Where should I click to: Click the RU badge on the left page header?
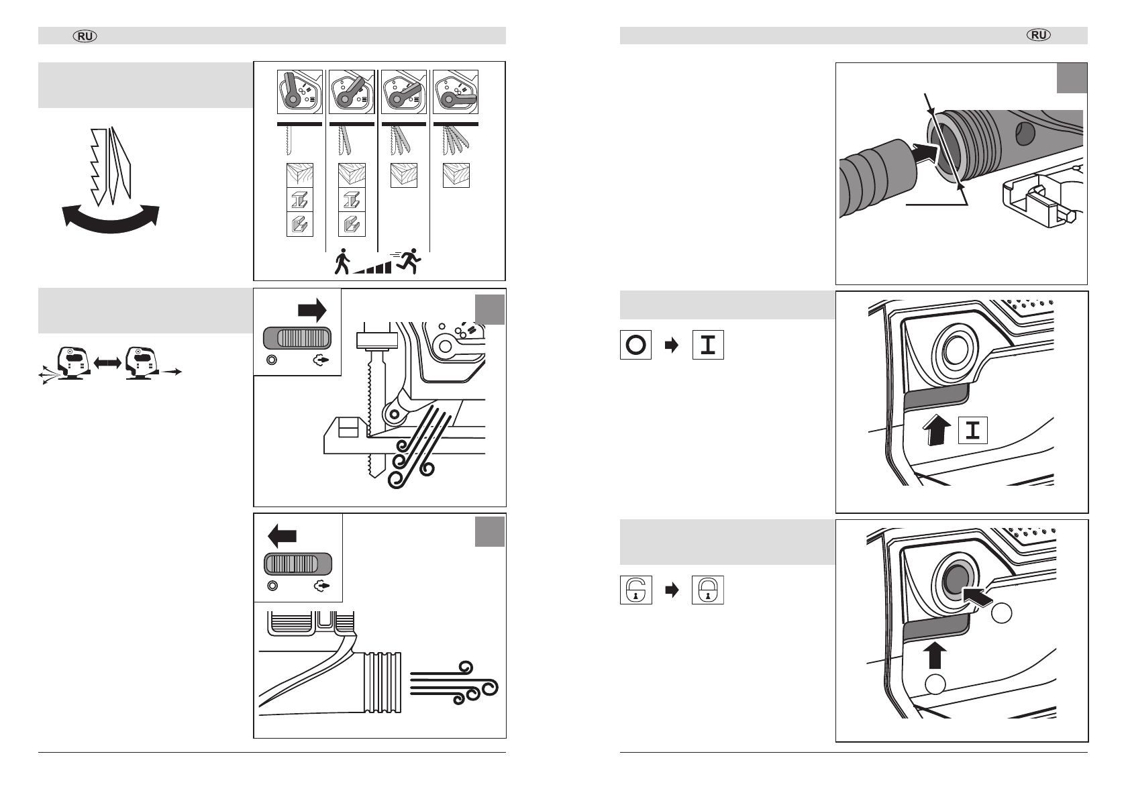point(86,36)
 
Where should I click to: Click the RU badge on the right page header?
point(1039,36)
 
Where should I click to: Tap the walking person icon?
point(342,261)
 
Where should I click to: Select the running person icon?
point(409,260)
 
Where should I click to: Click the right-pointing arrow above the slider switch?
point(311,311)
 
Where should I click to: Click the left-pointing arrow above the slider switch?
point(282,536)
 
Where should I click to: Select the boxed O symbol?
point(635,345)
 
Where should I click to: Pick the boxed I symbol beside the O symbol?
point(708,345)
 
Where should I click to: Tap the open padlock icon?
point(635,590)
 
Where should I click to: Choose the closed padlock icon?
point(708,590)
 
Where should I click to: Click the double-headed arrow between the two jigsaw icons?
point(107,362)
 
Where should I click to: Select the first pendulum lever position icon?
point(299,91)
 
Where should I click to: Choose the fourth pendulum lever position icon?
point(456,91)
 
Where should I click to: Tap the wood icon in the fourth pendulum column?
point(456,175)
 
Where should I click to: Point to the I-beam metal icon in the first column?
point(299,200)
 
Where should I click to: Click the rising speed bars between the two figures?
point(372,267)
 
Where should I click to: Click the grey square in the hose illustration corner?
point(1072,78)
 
